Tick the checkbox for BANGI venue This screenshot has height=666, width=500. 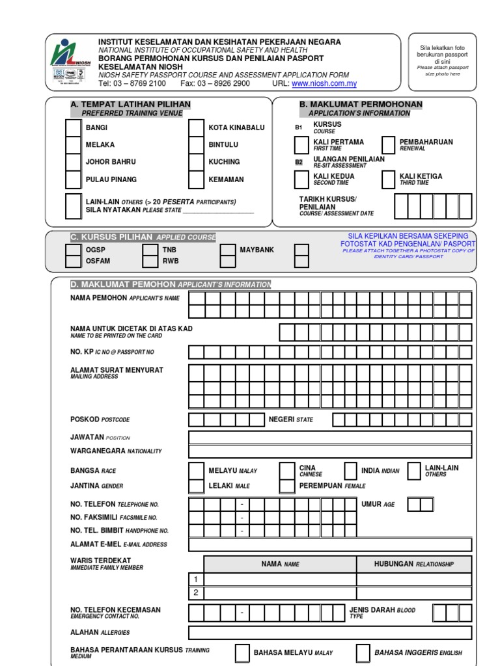[74, 127]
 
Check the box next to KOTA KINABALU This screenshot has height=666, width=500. [196, 127]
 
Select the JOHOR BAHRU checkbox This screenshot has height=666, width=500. [74, 162]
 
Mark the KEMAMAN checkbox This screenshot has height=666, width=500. [196, 180]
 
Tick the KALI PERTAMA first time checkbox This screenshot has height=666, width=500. [301, 145]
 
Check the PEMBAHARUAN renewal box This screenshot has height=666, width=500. [388, 145]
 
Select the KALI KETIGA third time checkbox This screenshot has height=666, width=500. [388, 180]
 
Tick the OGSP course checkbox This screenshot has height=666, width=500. [74, 249]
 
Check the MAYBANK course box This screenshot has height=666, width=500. [228, 249]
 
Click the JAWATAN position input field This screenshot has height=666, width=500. [330, 437]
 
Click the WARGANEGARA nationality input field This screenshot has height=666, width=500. [330, 451]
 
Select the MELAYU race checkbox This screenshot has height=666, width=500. [196, 471]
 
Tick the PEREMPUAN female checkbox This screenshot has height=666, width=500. [286, 486]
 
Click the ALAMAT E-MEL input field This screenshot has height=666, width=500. [330, 545]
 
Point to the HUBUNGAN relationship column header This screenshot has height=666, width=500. [414, 564]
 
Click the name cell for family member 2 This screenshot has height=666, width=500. [280, 593]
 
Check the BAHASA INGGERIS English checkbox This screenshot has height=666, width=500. [363, 653]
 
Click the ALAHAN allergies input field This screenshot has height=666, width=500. [330, 633]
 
